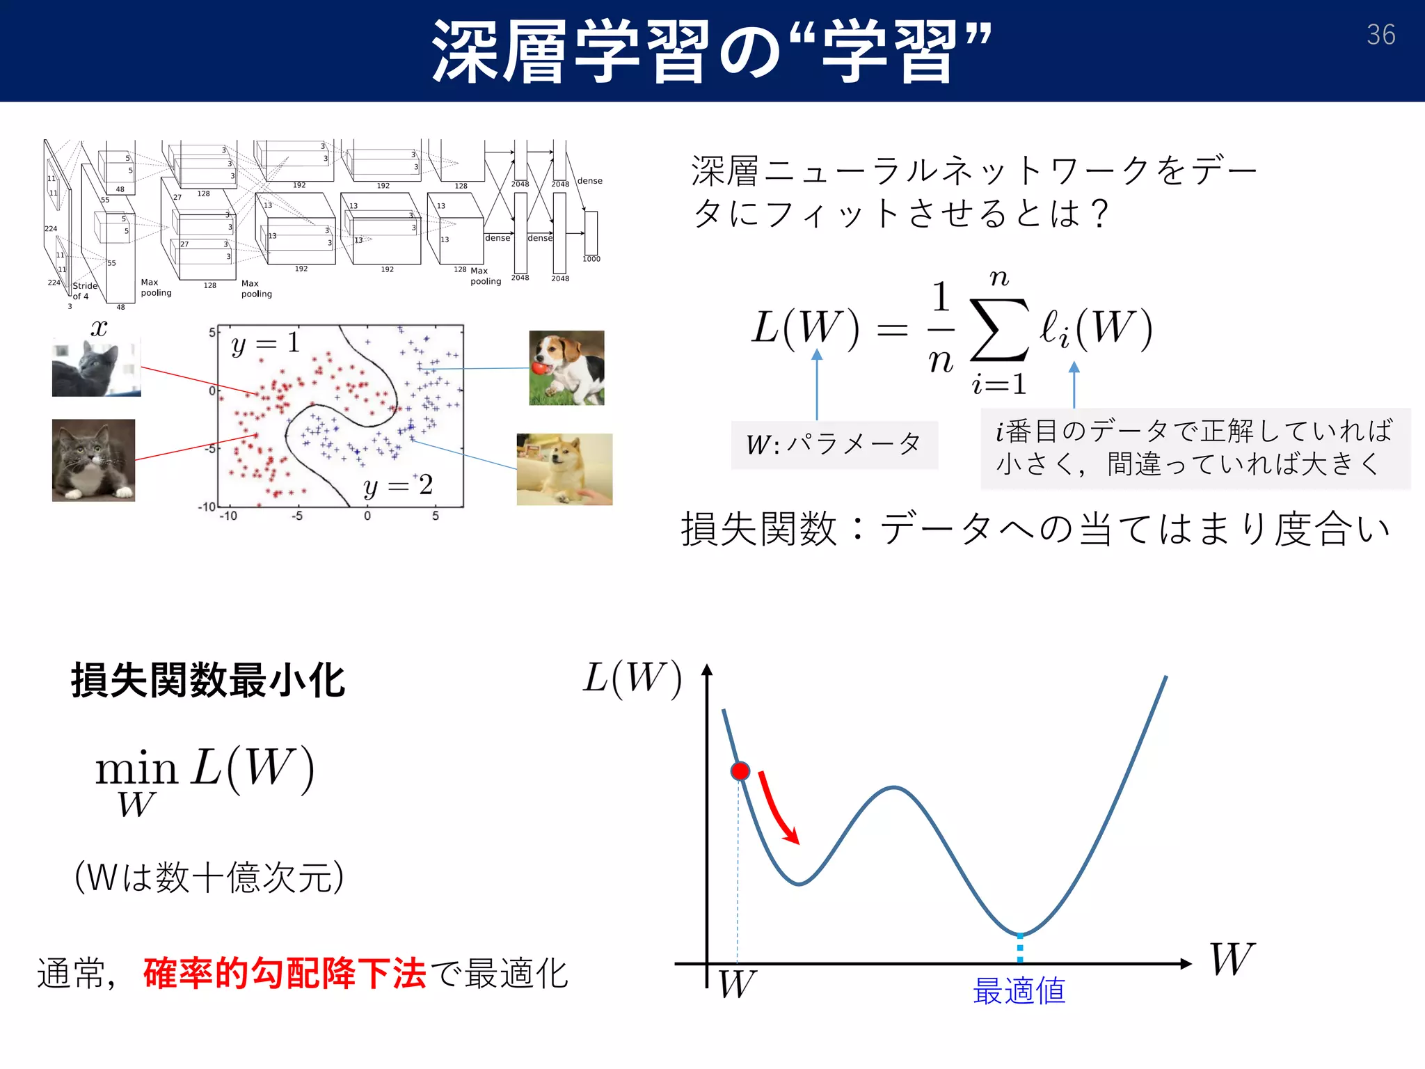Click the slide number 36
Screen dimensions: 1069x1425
tap(1380, 35)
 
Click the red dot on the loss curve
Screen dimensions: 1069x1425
tap(740, 771)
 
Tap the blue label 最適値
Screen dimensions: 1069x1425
tap(1019, 991)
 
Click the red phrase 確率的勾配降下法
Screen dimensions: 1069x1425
tap(284, 973)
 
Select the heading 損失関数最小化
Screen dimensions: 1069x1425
tap(208, 680)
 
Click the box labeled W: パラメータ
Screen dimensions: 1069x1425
tap(834, 444)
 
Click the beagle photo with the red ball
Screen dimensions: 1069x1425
tap(566, 367)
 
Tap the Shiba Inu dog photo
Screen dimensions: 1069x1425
tap(564, 469)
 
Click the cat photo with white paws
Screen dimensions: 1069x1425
tap(93, 460)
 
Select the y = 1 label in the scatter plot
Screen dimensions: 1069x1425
tap(265, 343)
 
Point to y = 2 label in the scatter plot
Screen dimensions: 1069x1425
tap(398, 486)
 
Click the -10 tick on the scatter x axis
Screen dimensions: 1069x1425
tap(228, 516)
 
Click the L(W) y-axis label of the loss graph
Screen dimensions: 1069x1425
tap(632, 678)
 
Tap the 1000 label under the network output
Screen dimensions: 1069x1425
tap(591, 259)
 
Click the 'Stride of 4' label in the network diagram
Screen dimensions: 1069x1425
tap(84, 291)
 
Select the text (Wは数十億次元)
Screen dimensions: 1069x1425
tap(209, 877)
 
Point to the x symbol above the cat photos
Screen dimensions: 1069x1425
tap(99, 327)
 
